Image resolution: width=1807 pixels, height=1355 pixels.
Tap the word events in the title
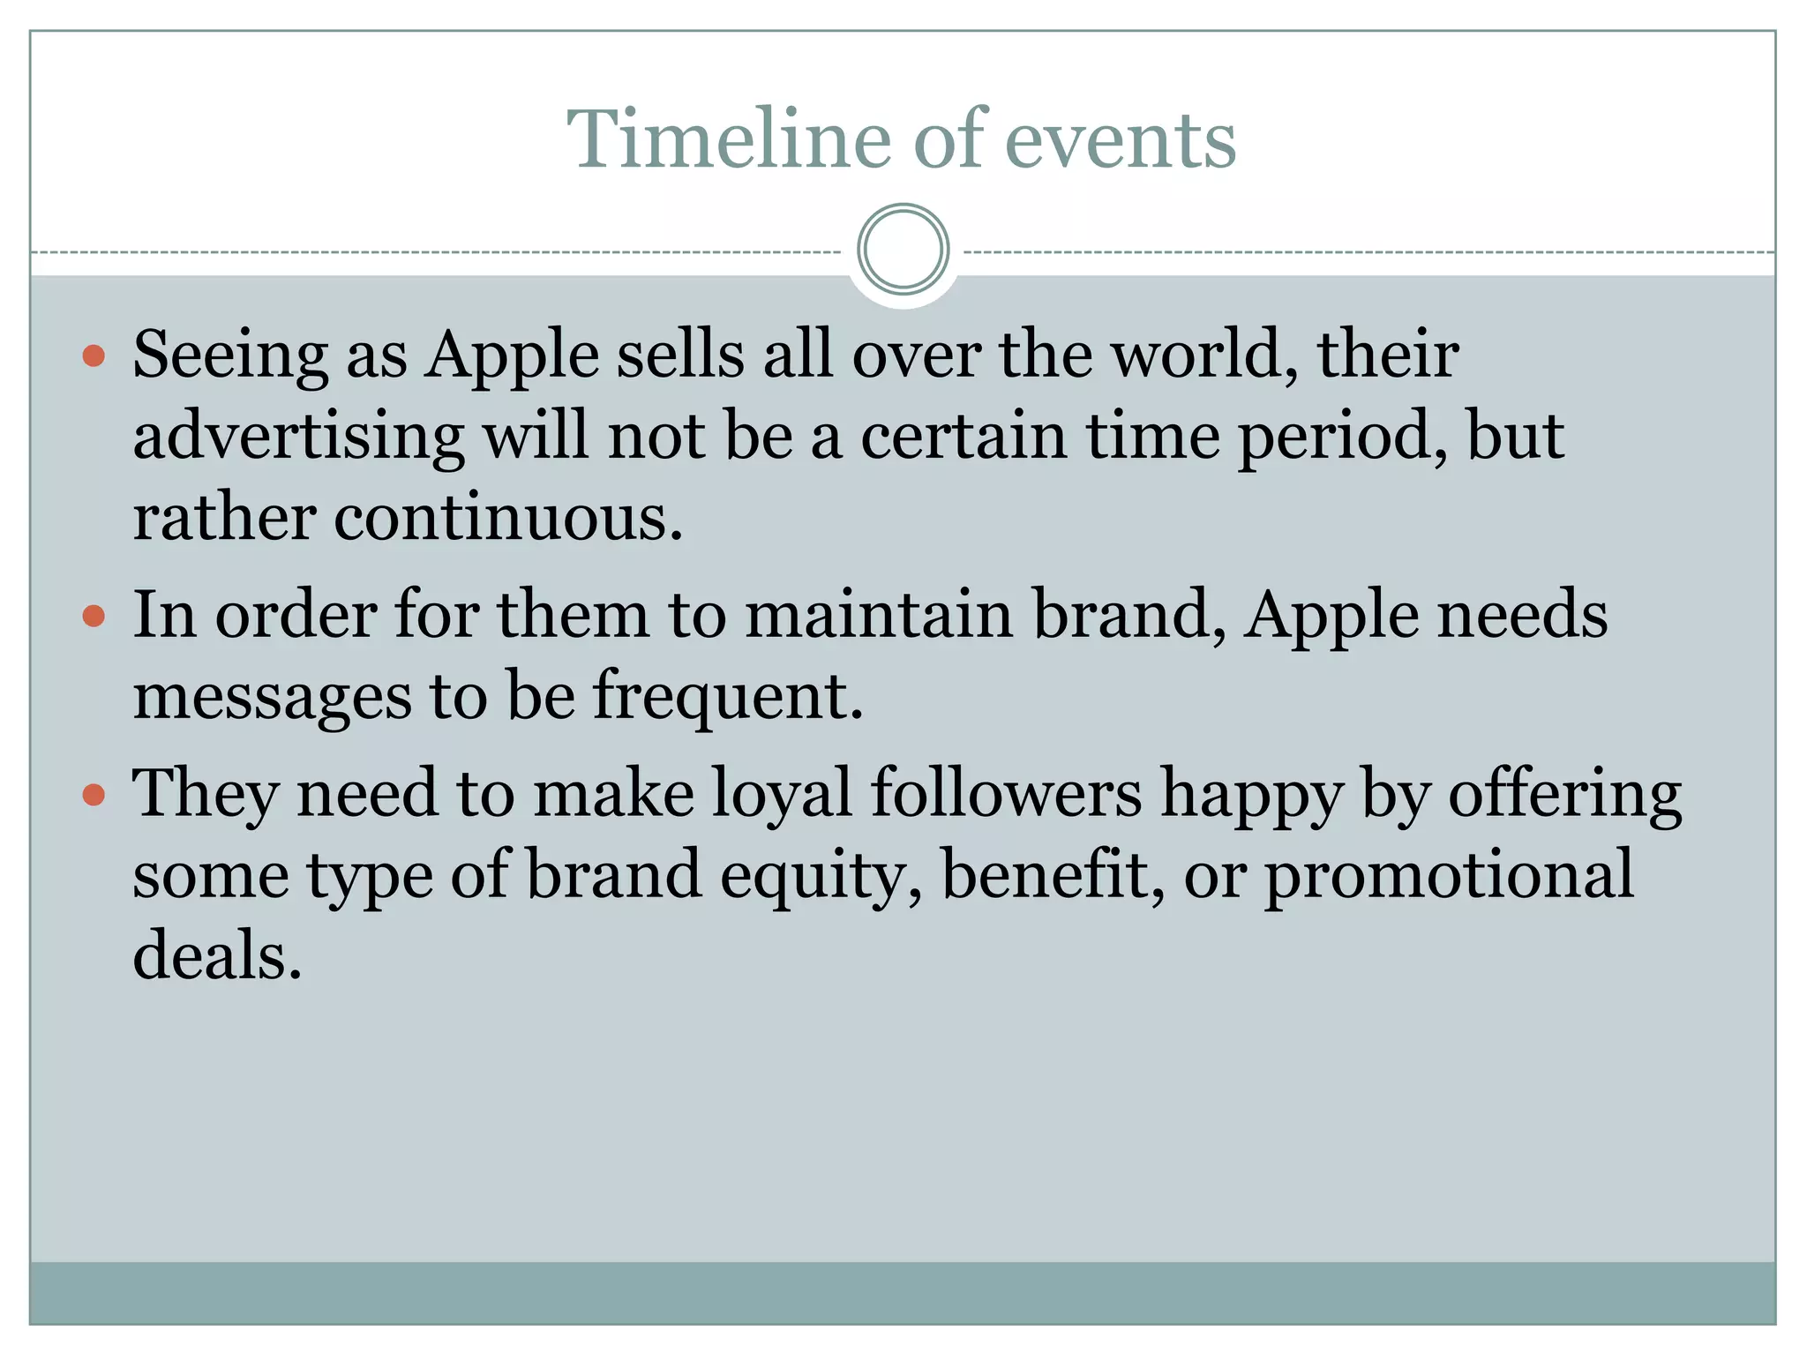(x=1120, y=141)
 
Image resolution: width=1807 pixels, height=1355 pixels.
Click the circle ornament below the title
(x=903, y=249)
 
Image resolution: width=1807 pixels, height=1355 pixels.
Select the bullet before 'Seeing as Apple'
(x=94, y=356)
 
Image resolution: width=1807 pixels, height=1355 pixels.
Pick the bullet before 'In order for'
(x=94, y=616)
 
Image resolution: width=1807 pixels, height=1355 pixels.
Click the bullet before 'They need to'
(x=94, y=796)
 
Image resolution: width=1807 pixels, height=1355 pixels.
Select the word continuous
(x=507, y=518)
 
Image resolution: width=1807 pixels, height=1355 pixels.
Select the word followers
(x=1006, y=792)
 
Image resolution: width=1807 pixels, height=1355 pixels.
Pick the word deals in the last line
(x=217, y=956)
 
